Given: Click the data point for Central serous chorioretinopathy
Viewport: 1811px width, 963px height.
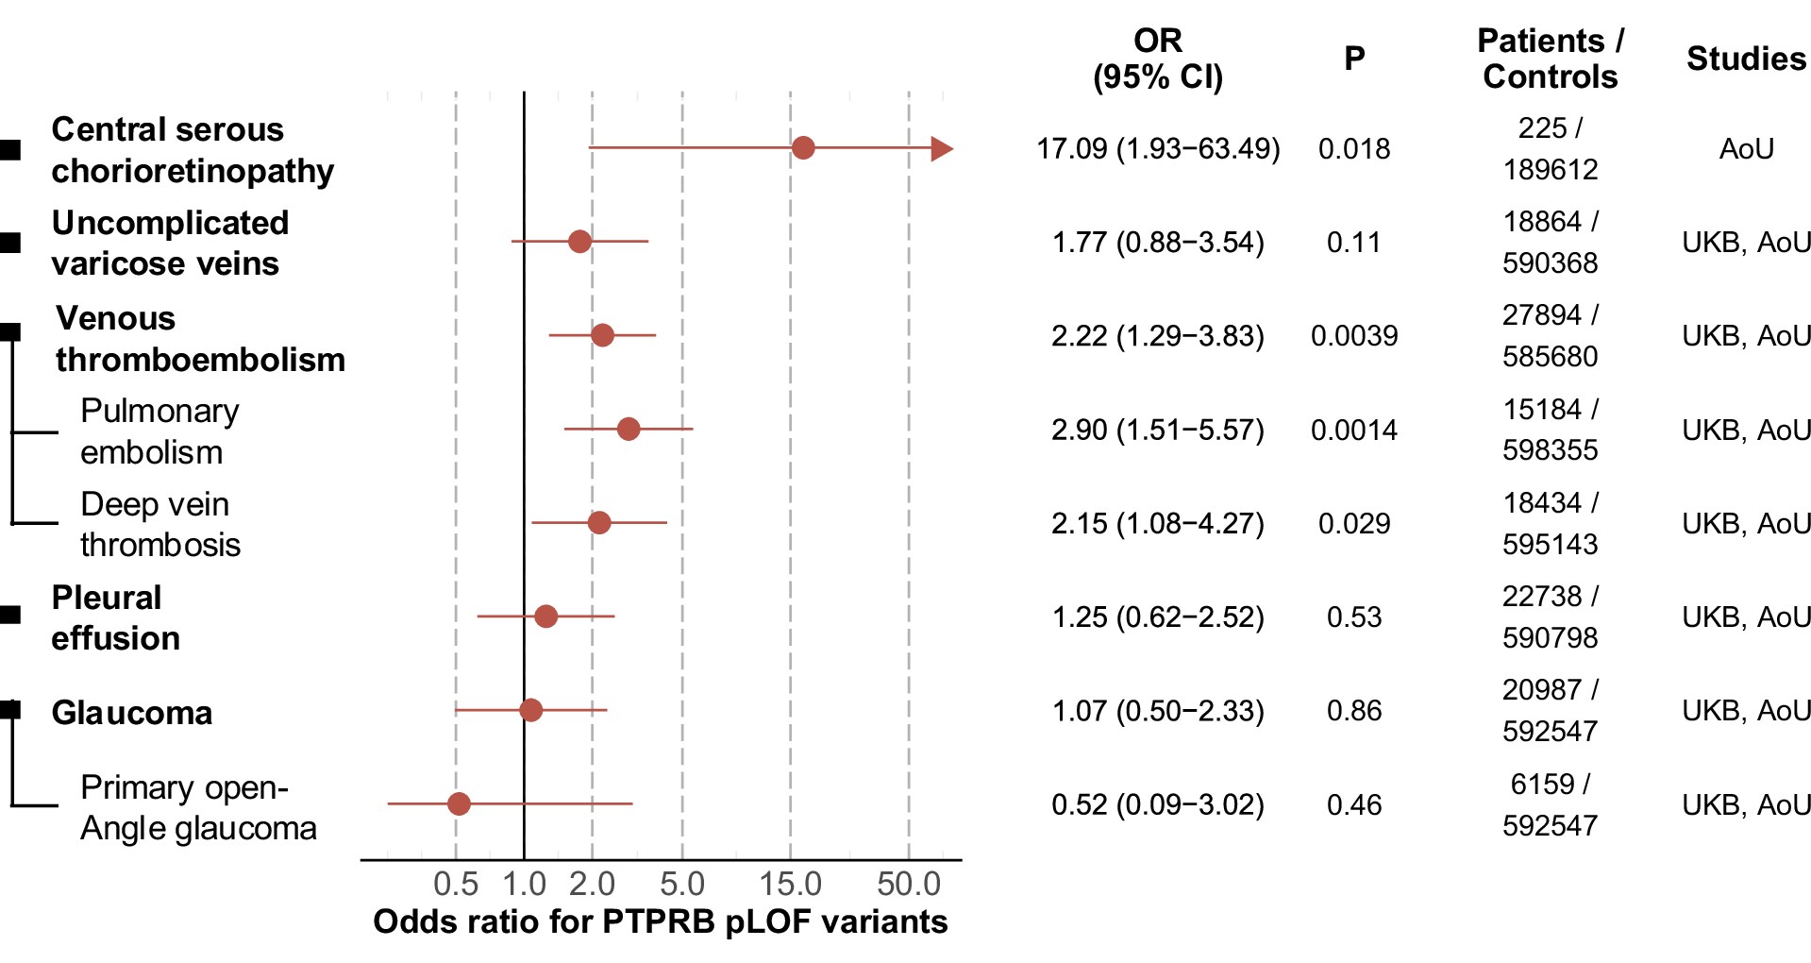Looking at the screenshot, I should coord(803,148).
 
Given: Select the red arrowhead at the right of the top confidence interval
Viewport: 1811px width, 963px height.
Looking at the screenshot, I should coord(941,148).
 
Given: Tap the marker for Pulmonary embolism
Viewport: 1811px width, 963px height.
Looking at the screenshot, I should coord(629,430).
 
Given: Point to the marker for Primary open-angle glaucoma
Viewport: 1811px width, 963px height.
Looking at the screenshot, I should coord(459,804).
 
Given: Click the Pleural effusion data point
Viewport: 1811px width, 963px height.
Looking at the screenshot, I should coord(545,617).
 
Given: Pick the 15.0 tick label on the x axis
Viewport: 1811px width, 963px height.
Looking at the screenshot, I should coord(790,885).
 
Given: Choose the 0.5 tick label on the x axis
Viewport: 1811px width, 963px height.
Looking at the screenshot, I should coord(456,885).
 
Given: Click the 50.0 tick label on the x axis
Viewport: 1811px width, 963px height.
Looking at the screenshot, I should coord(908,885).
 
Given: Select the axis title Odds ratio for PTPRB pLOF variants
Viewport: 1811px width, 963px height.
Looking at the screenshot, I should coord(660,921).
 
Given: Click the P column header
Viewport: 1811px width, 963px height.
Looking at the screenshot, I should coord(1353,59).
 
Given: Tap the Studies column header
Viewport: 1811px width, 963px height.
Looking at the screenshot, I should coord(1746,59).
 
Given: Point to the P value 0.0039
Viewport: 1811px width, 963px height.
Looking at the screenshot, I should coord(1353,336).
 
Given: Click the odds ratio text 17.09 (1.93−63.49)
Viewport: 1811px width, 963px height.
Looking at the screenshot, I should coord(1158,149).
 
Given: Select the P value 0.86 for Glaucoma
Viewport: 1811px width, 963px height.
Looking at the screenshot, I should coord(1353,711).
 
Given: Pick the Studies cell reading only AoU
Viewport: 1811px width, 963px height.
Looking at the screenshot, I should coord(1746,149).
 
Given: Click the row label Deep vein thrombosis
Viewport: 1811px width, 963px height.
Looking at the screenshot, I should coord(159,524).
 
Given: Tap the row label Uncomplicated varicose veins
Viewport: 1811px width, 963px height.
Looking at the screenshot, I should coord(170,243).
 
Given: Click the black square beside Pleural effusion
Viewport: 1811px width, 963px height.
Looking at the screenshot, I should coord(10,616).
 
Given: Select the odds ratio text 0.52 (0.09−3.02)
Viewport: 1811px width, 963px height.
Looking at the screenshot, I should coord(1158,805).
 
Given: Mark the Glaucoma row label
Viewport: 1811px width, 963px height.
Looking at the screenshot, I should coord(131,713).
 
